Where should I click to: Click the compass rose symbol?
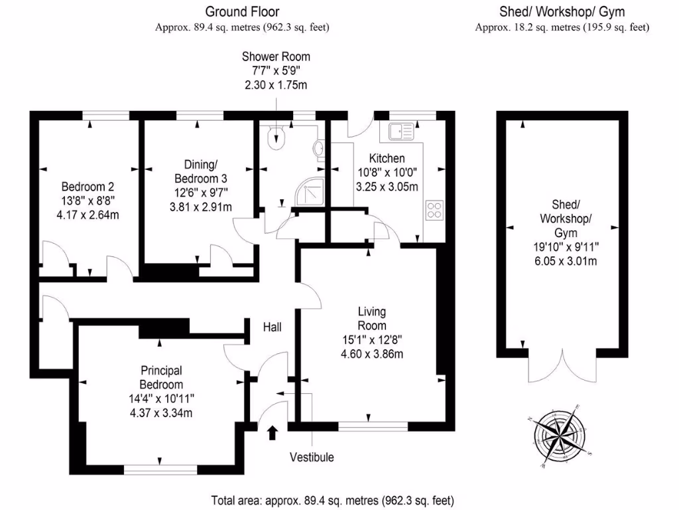(562, 436)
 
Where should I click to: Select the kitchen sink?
(401, 131)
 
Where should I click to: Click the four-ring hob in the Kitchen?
(435, 211)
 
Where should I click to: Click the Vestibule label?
(312, 457)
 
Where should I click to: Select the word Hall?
(273, 327)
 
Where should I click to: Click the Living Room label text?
(371, 318)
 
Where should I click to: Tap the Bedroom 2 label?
(84, 186)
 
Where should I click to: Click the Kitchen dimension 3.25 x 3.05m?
(387, 187)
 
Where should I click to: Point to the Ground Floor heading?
(242, 11)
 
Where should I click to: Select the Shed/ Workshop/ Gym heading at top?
(562, 11)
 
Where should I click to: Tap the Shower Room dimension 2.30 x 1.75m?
(276, 86)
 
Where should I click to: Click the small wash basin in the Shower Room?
(320, 150)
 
